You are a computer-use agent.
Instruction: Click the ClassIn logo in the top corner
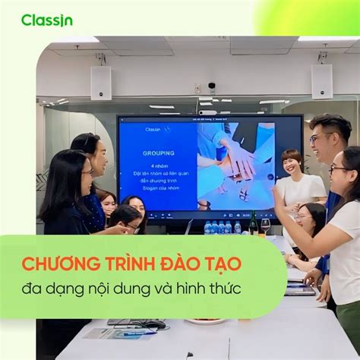[x=46, y=20]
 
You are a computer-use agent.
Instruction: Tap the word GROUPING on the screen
[x=158, y=153]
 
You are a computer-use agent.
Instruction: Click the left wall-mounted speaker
[x=101, y=82]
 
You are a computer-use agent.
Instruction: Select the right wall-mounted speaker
[x=321, y=81]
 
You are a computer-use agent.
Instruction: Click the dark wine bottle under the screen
[x=253, y=223]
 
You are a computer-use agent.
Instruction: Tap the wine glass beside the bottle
[x=266, y=226]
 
